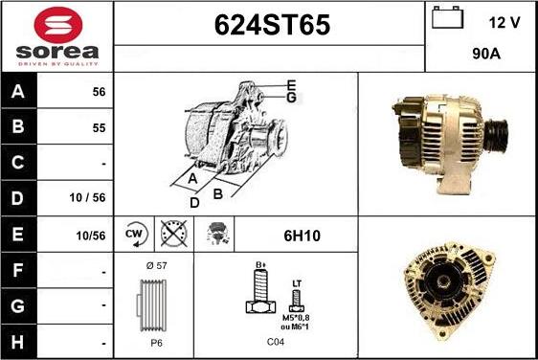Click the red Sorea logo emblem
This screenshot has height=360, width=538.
click(58, 25)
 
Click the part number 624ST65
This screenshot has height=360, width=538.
click(272, 25)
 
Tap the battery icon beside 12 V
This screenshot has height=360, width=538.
click(447, 17)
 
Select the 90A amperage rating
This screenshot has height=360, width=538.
click(486, 54)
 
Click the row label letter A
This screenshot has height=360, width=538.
click(18, 91)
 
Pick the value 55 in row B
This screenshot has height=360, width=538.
click(99, 128)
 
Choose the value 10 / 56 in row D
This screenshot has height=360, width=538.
click(87, 197)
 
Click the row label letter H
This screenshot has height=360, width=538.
click(18, 342)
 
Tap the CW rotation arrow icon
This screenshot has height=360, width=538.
click(136, 235)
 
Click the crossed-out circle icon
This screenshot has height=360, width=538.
click(174, 234)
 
